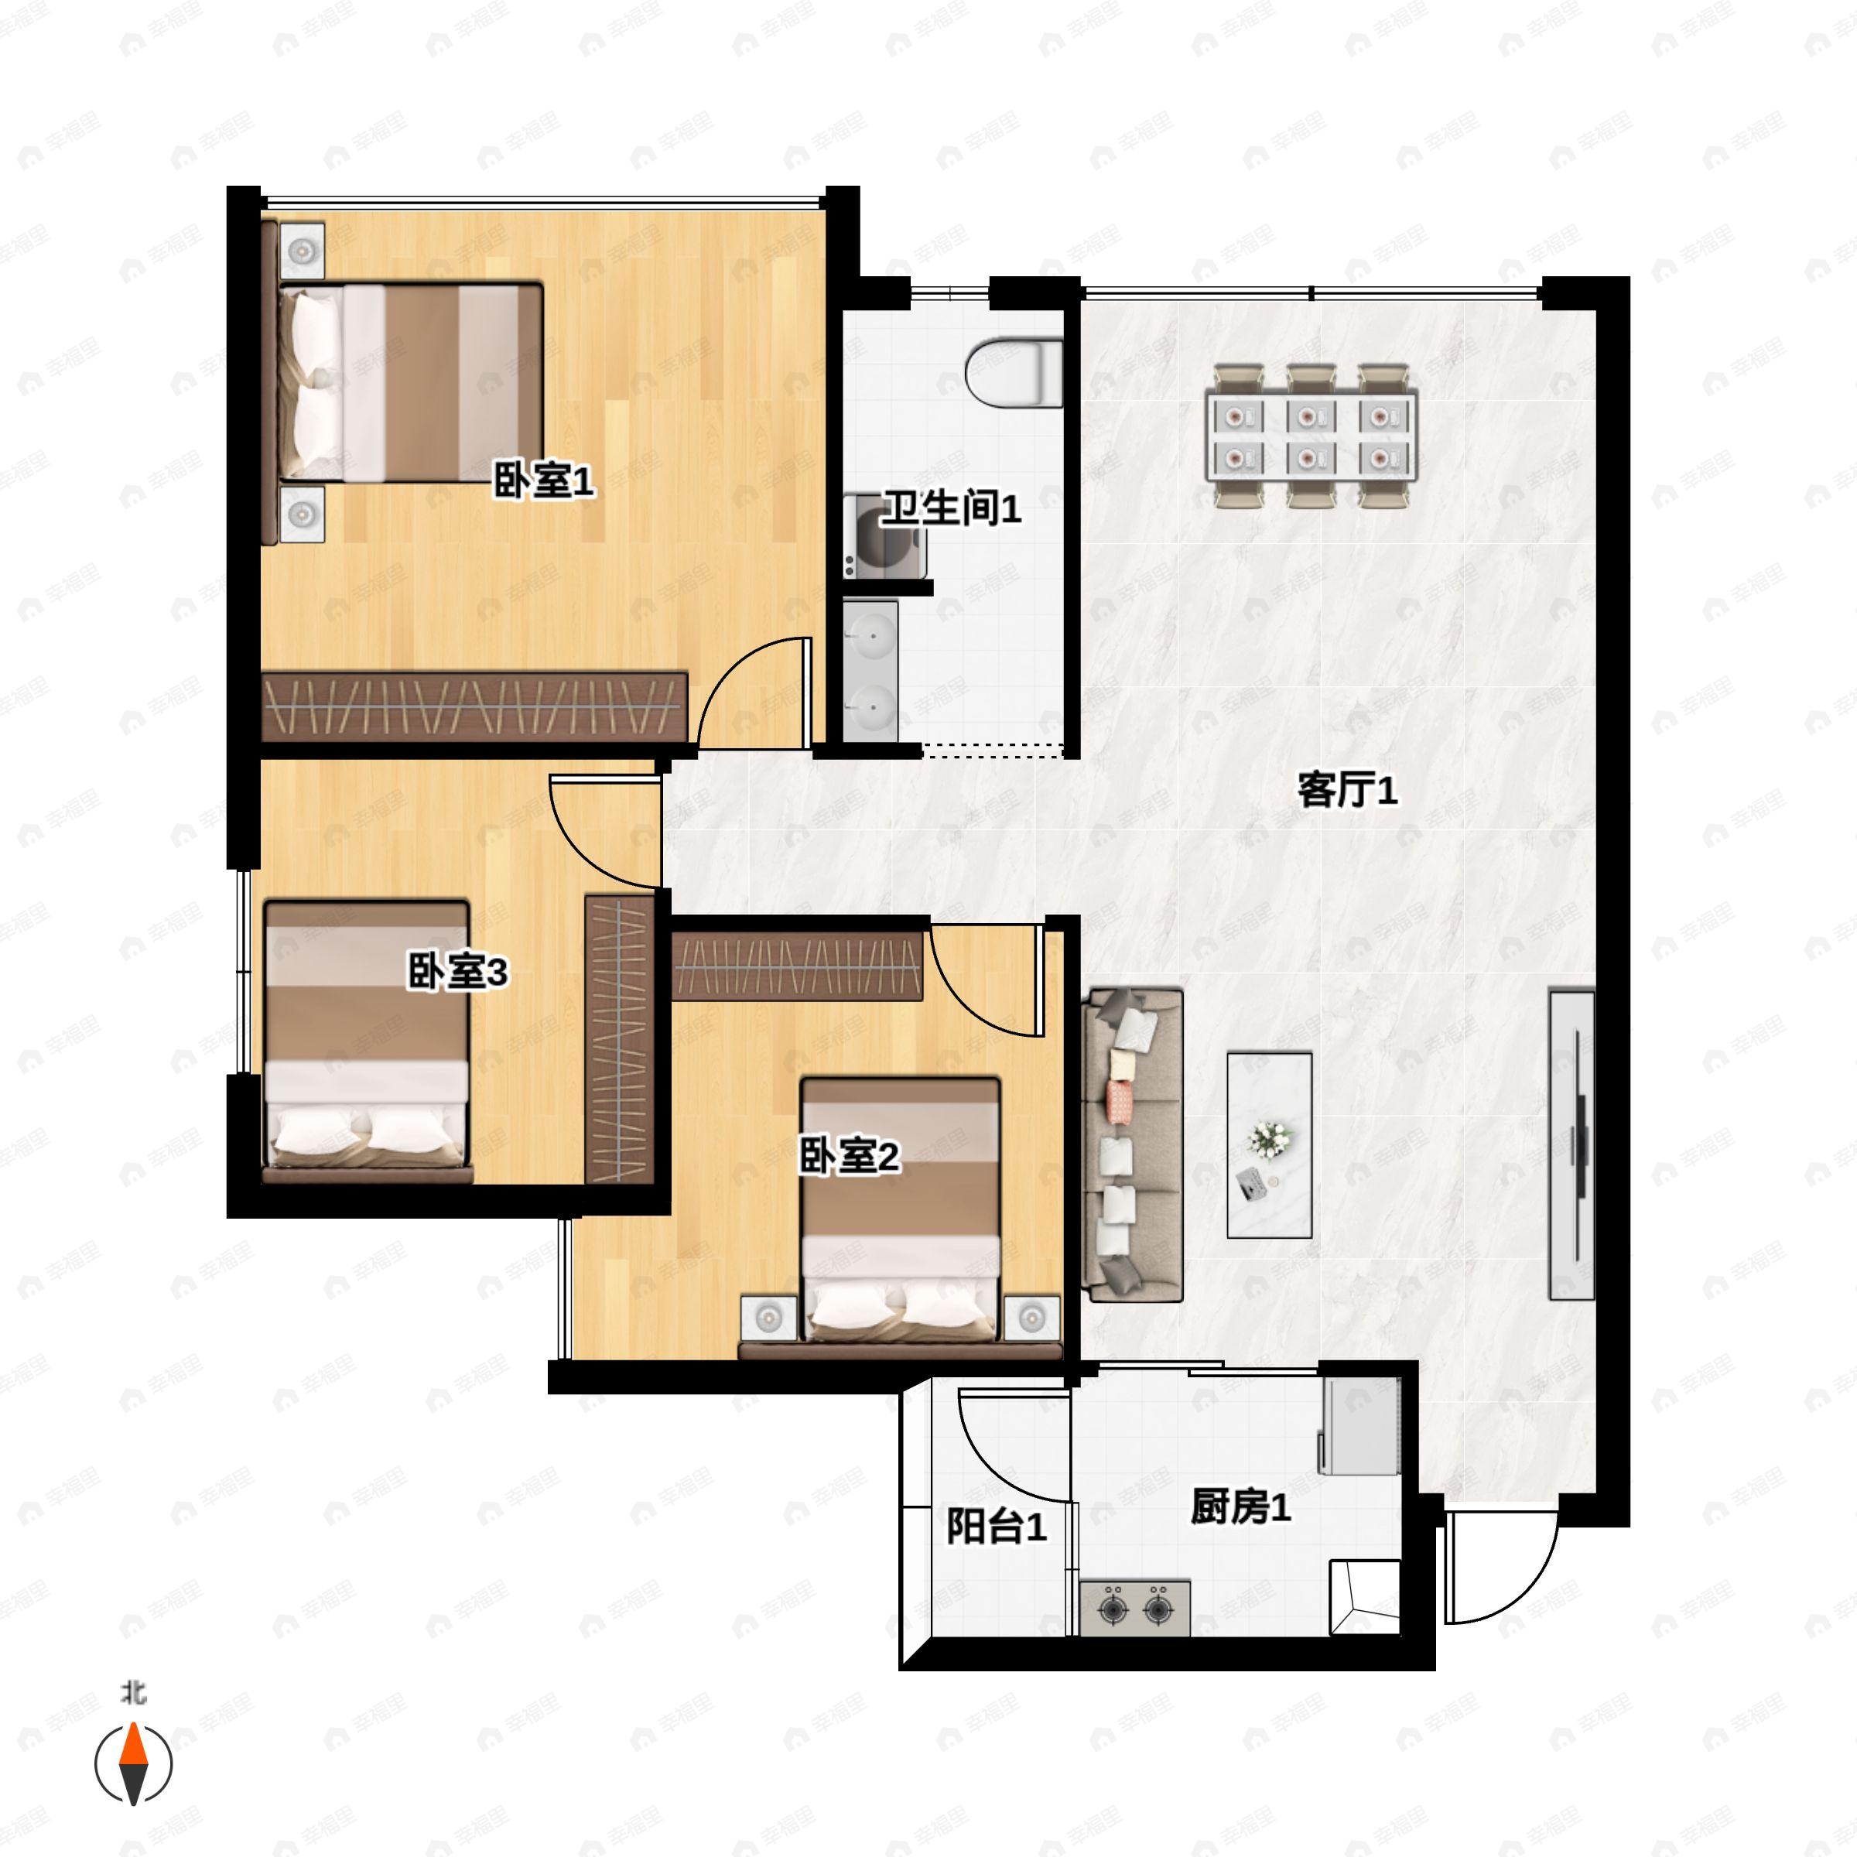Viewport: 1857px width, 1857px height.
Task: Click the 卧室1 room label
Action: point(544,480)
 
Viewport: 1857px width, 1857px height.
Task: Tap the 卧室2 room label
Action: point(850,1156)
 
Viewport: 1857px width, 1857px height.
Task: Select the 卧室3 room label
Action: point(457,972)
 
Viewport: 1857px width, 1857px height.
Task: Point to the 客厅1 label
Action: point(1348,791)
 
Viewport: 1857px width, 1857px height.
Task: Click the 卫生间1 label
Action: point(952,508)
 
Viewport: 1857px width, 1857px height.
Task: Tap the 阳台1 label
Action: point(997,1527)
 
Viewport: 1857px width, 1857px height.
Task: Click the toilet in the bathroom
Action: point(1015,372)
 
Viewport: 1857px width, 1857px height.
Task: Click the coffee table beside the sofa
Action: point(1270,1145)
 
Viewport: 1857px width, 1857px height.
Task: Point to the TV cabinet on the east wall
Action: point(1571,1145)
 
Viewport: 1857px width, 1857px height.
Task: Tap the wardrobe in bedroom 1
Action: point(475,706)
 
